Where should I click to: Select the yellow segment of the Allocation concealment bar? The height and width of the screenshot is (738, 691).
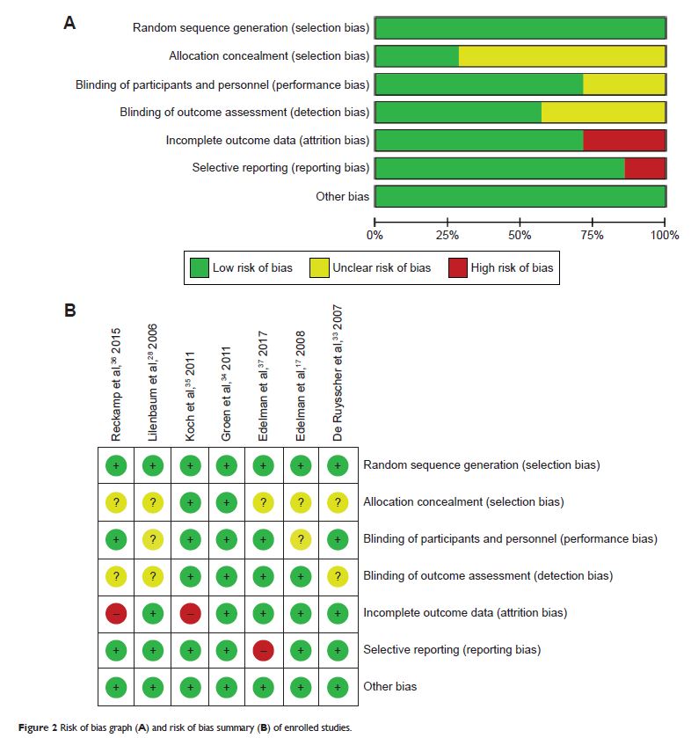coord(562,56)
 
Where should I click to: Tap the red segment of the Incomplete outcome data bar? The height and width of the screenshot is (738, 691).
coord(623,140)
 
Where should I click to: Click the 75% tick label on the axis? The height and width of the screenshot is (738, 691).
coord(593,235)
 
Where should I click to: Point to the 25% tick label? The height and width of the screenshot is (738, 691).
coord(447,235)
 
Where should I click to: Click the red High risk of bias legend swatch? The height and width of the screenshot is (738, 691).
coord(457,267)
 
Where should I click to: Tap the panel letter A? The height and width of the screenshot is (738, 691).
coord(69,24)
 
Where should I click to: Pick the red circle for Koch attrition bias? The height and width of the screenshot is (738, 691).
coord(189,612)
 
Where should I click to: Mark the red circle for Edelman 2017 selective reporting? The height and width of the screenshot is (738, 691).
coord(263,650)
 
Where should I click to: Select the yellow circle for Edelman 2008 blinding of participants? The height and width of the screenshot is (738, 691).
coord(300,539)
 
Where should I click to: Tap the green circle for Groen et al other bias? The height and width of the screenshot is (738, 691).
coord(226,686)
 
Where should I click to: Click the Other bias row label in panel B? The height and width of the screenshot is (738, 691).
coord(390,686)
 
